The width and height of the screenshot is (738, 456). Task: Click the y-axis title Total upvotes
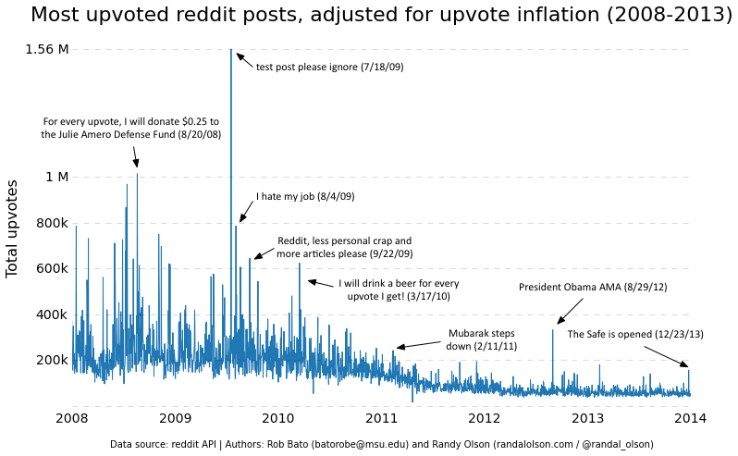(x=13, y=228)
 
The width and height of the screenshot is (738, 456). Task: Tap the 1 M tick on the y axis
(x=56, y=177)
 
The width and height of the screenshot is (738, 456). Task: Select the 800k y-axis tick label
(x=51, y=223)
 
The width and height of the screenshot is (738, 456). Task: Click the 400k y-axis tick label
(x=51, y=314)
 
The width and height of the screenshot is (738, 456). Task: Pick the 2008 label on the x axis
(x=72, y=419)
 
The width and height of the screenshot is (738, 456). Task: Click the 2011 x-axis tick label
(x=381, y=419)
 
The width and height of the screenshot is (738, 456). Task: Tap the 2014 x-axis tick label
(x=691, y=419)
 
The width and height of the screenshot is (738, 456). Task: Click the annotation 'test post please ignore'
(x=329, y=67)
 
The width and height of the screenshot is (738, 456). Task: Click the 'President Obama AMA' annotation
(x=593, y=287)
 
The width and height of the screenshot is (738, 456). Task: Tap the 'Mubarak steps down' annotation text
(x=481, y=339)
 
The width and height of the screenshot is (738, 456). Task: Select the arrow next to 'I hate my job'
(x=246, y=212)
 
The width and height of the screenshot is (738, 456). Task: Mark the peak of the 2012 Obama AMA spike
(x=553, y=329)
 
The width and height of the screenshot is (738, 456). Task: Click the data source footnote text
(x=381, y=444)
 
